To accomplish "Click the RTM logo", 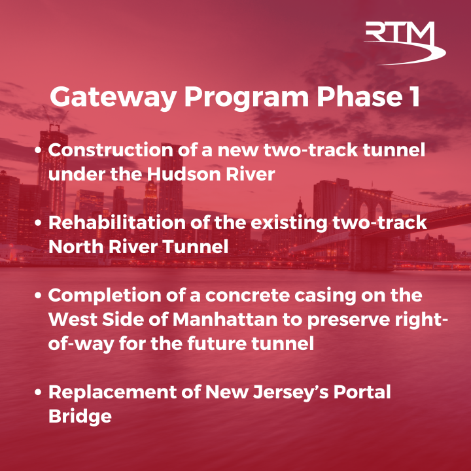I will (404, 43).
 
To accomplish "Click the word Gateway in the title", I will (112, 97).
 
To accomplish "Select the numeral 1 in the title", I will (413, 97).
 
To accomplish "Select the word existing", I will (288, 222).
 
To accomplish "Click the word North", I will (73, 247).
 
